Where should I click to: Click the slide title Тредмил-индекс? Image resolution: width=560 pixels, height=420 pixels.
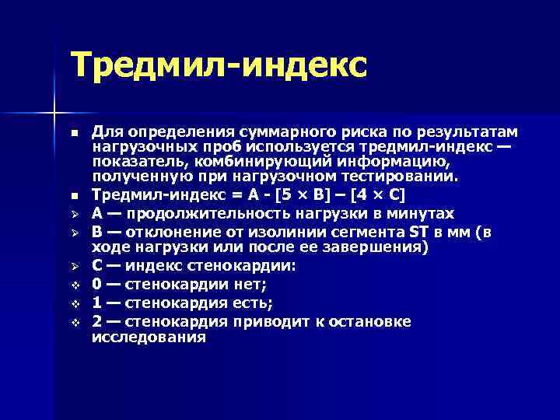[218, 66]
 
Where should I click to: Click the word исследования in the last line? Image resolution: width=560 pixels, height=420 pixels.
[149, 338]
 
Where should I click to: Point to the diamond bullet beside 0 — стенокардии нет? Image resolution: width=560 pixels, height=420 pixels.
[75, 285]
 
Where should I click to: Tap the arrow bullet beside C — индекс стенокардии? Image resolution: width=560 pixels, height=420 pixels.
[75, 266]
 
